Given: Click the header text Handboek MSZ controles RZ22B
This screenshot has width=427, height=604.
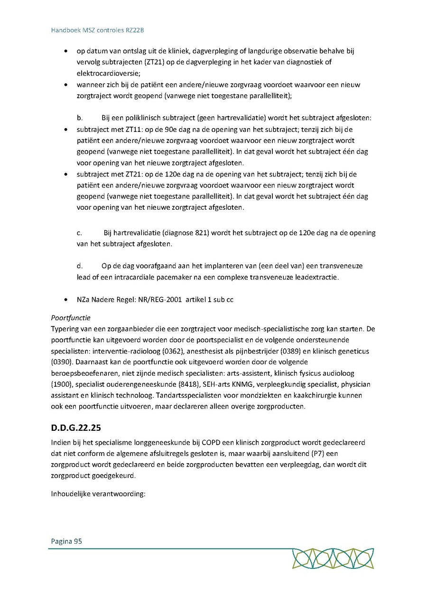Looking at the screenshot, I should [x=97, y=30].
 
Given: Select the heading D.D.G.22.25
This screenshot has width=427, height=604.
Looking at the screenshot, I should [x=75, y=427].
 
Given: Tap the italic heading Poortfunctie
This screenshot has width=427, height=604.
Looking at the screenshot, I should [x=71, y=317].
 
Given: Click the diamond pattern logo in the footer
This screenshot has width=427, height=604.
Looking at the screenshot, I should [x=333, y=558].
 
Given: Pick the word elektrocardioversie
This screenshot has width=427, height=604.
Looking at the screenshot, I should [x=108, y=74].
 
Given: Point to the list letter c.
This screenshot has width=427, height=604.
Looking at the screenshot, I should [x=79, y=233].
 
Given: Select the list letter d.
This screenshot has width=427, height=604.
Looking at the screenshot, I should [x=80, y=266].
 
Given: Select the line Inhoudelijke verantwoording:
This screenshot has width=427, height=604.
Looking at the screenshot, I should [x=97, y=494].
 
